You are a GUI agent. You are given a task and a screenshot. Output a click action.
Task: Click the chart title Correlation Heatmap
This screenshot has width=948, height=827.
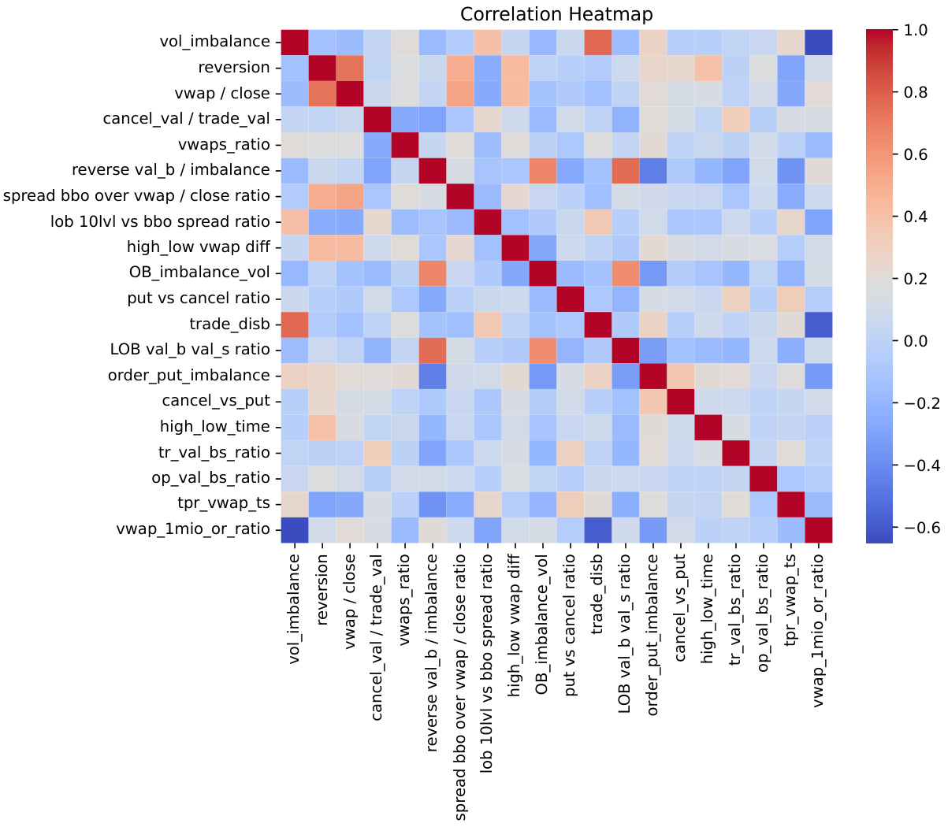[x=556, y=14]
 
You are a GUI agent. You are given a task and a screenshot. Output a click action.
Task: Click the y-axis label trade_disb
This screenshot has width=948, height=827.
[x=229, y=324]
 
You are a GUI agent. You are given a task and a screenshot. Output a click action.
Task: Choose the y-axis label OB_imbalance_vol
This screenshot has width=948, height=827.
[x=199, y=273]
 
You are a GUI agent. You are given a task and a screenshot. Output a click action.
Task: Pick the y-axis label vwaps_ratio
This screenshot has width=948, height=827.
[x=225, y=144]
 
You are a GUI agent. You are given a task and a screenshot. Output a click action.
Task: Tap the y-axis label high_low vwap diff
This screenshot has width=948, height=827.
[x=198, y=247]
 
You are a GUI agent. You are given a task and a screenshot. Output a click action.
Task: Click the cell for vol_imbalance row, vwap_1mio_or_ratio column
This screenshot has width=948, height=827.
[x=819, y=41]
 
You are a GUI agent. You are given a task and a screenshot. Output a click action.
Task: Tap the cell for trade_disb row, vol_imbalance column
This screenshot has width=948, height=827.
[x=295, y=324]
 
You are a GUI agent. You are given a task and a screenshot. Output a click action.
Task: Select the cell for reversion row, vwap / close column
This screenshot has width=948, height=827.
[x=351, y=67]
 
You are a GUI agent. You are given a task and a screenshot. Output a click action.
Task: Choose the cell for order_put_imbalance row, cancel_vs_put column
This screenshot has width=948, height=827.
[x=681, y=375]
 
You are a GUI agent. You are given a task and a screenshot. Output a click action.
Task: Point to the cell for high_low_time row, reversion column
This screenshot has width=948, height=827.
[x=322, y=426]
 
